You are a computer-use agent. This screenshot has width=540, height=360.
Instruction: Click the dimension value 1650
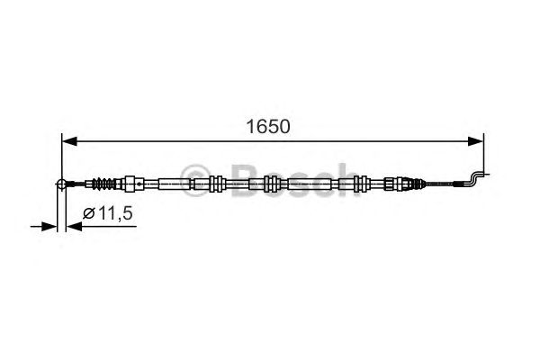[x=269, y=126]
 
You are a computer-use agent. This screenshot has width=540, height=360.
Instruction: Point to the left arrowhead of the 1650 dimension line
[x=67, y=140]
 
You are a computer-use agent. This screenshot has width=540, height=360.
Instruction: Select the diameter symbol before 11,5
[x=89, y=213]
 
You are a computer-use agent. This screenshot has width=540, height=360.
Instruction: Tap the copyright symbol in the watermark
[x=193, y=175]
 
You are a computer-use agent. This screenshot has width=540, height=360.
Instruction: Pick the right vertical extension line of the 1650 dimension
[x=485, y=153]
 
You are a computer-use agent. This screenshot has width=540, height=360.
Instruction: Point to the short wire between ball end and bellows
[x=78, y=184]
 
